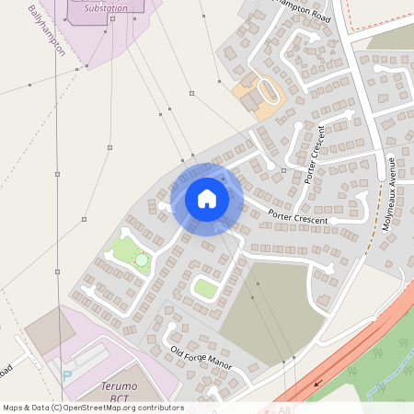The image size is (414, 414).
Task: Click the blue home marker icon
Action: (207, 199)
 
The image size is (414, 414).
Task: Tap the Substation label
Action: (106, 8)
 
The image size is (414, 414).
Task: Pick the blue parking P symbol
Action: (67, 374)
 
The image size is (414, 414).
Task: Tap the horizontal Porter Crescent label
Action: (298, 216)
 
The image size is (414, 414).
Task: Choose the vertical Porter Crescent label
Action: (315, 154)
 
